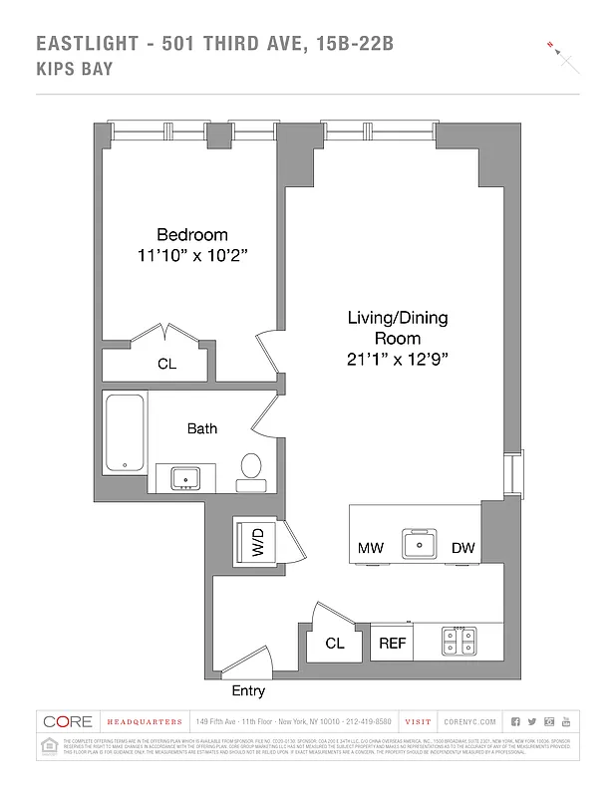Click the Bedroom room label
191,235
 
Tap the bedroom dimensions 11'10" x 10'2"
191,256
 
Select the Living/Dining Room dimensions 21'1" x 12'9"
397,360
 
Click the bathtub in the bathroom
125,431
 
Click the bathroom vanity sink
185,479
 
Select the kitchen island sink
420,544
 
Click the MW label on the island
370,549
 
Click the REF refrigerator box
392,644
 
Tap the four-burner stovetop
460,643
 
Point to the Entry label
248,690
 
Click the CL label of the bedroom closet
166,365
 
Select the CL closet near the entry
335,644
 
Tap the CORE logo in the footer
68,721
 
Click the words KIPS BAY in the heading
74,69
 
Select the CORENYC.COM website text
465,721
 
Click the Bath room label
202,428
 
